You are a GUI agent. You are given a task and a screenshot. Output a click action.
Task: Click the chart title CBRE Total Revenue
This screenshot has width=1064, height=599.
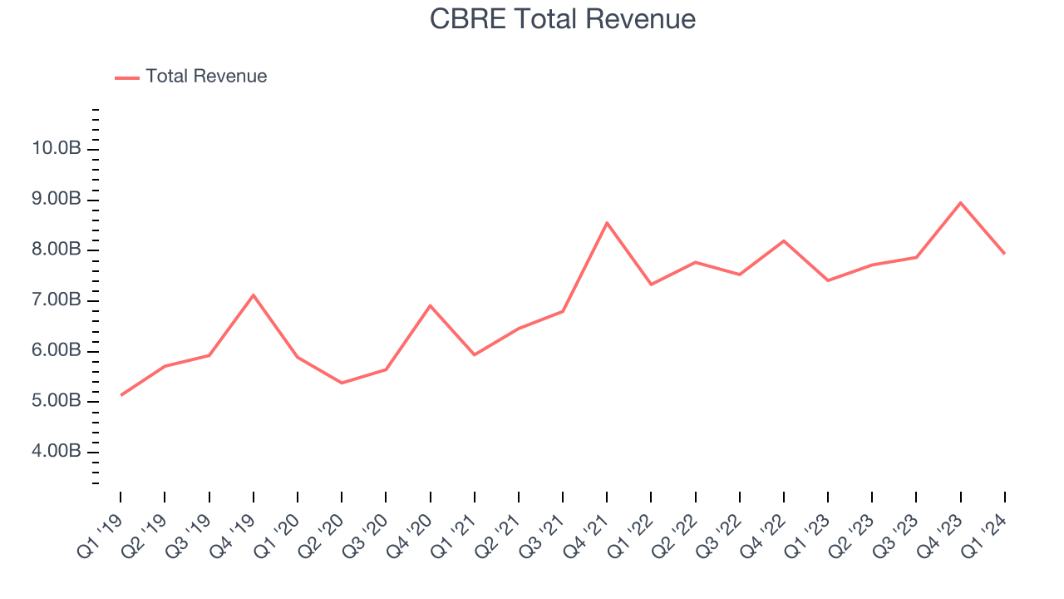562,19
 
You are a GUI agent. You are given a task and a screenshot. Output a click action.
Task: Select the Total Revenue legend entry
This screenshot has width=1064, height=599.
205,77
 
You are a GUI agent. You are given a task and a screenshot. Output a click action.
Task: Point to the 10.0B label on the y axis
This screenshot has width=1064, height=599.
57,149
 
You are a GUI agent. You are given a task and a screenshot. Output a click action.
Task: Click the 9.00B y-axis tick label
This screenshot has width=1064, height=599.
57,200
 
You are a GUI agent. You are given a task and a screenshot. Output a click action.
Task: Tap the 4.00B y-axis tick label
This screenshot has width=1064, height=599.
57,452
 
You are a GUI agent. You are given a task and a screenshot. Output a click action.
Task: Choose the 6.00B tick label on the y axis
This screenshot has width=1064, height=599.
57,351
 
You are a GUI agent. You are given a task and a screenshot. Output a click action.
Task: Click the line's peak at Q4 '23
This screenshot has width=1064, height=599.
960,202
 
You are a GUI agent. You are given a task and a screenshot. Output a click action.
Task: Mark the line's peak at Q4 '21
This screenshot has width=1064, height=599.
607,222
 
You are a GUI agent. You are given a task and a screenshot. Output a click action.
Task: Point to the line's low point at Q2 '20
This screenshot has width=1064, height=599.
342,383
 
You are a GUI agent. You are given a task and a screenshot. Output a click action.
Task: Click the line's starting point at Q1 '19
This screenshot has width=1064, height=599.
121,395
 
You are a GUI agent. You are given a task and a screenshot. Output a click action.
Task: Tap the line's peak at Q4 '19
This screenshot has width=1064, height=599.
253,295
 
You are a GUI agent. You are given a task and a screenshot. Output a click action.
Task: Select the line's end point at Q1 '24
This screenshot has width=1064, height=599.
1004,254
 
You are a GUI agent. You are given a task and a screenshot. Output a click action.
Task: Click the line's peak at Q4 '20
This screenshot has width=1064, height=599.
430,305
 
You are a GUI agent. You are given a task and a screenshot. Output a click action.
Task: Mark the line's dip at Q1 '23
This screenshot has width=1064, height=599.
828,280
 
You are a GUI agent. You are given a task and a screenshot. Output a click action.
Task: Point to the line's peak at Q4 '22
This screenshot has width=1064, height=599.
784,240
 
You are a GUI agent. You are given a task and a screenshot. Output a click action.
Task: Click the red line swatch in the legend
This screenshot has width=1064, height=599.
127,77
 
